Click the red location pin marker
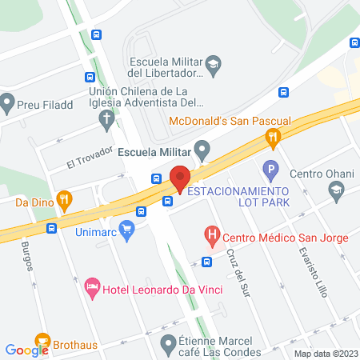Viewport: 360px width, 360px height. (x=180, y=178)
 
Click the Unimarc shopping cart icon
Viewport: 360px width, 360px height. (x=127, y=229)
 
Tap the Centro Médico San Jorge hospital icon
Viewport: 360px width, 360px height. (x=212, y=235)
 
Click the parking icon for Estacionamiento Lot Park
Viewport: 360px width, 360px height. (x=270, y=170)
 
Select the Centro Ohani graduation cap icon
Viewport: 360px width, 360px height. (x=336, y=190)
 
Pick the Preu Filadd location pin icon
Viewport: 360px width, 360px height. (x=9, y=102)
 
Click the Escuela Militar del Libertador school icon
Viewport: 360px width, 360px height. (x=213, y=63)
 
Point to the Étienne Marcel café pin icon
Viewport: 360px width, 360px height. (x=167, y=345)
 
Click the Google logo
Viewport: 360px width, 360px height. (x=27, y=349)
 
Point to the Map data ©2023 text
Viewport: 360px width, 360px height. (x=325, y=354)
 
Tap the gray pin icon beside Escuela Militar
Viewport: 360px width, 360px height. (x=203, y=150)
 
